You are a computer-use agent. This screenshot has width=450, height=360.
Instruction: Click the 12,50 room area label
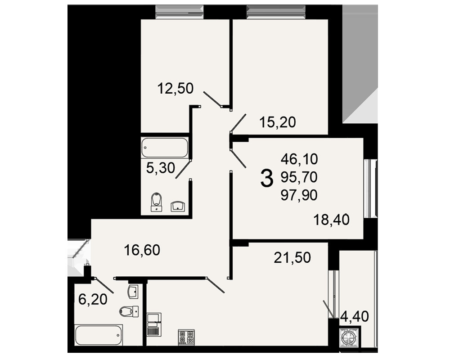(175, 89)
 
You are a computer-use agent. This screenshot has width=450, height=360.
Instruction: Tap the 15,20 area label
(278, 122)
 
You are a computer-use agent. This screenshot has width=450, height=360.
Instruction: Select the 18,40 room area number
(332, 220)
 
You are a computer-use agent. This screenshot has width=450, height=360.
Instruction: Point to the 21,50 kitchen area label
(292, 258)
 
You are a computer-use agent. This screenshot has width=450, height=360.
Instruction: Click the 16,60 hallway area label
(142, 250)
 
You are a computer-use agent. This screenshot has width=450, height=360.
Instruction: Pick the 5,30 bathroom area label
(161, 168)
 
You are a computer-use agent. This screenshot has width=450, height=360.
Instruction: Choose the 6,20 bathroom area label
(93, 300)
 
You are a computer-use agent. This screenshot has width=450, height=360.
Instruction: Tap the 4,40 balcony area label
(355, 317)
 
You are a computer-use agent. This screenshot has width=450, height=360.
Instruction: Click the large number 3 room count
(266, 178)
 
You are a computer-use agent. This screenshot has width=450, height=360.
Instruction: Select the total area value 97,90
(299, 195)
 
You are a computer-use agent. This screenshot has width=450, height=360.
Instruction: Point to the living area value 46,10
(299, 159)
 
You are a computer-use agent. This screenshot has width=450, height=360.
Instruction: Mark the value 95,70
(299, 177)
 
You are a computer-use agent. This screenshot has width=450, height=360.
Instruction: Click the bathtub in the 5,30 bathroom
(165, 148)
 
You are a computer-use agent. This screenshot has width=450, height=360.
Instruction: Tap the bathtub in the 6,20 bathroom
(99, 335)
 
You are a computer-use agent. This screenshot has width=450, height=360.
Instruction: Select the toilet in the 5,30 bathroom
(156, 202)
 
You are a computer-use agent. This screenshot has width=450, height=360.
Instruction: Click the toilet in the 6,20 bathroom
(129, 311)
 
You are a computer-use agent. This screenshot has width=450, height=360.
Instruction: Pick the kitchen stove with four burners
(186, 337)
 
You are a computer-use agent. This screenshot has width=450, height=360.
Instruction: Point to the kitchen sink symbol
(154, 324)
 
